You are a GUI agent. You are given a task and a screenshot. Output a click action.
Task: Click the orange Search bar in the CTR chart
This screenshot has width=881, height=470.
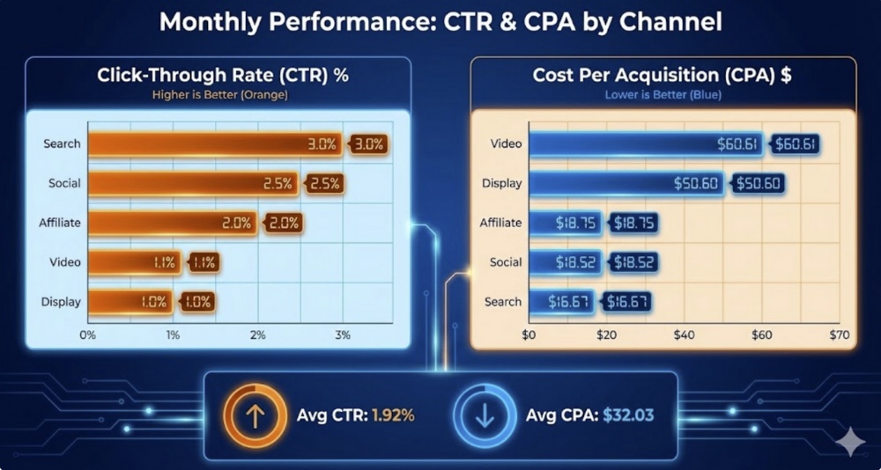(211, 144)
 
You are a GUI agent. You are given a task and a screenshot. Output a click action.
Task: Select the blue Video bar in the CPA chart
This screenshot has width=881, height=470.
(643, 144)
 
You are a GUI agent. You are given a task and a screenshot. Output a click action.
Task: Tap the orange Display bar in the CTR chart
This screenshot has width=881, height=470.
(132, 302)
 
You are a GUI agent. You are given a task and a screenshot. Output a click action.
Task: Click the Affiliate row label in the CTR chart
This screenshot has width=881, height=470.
(60, 223)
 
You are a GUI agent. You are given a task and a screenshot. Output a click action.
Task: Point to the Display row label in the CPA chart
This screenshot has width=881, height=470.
(502, 184)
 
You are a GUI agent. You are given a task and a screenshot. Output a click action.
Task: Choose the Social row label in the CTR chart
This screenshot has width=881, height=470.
(64, 184)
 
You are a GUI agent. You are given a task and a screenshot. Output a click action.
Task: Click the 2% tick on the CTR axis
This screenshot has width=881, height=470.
(258, 335)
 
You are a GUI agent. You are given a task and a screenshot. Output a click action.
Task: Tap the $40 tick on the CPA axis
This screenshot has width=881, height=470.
(684, 335)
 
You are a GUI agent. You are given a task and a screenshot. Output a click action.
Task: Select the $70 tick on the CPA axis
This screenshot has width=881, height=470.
(839, 335)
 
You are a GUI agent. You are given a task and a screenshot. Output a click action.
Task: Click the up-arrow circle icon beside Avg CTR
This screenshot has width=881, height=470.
(254, 415)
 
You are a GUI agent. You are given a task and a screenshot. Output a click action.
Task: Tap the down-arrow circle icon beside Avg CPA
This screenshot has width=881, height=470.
(485, 415)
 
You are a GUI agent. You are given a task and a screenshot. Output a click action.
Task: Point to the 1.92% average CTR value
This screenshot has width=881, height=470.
(393, 415)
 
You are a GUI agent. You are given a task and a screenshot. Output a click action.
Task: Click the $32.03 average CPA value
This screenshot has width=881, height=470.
(628, 415)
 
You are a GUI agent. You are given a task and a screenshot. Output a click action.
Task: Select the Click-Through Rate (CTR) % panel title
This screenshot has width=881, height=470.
(223, 76)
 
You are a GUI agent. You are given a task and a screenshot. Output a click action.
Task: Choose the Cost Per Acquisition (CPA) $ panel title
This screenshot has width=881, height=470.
(662, 76)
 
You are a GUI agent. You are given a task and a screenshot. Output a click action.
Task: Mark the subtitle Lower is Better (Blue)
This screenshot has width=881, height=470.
(662, 94)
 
